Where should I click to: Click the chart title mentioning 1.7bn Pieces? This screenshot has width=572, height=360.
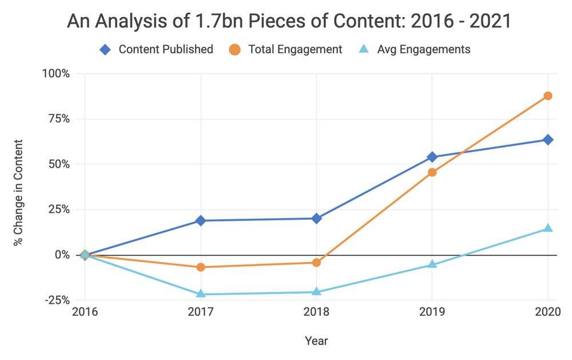point(289,21)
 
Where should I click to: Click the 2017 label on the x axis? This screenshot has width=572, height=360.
point(201,312)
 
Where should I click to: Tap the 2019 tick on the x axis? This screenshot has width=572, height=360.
point(432,312)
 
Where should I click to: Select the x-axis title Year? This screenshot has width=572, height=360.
point(316,341)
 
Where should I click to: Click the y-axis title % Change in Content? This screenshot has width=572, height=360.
point(19,192)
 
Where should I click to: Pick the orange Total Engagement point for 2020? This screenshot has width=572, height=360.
point(548,96)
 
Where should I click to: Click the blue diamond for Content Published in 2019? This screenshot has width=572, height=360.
point(432,157)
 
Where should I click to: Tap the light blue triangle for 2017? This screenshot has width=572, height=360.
point(201,294)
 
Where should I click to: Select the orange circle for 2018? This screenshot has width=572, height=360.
point(316,262)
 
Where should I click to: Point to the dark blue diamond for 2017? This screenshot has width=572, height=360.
point(201,220)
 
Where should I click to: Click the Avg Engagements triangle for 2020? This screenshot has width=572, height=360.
point(548,228)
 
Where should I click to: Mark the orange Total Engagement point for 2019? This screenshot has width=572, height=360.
point(432,172)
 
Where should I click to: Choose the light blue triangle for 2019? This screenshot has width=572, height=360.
point(432,264)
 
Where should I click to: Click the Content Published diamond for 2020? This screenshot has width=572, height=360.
point(548,140)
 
